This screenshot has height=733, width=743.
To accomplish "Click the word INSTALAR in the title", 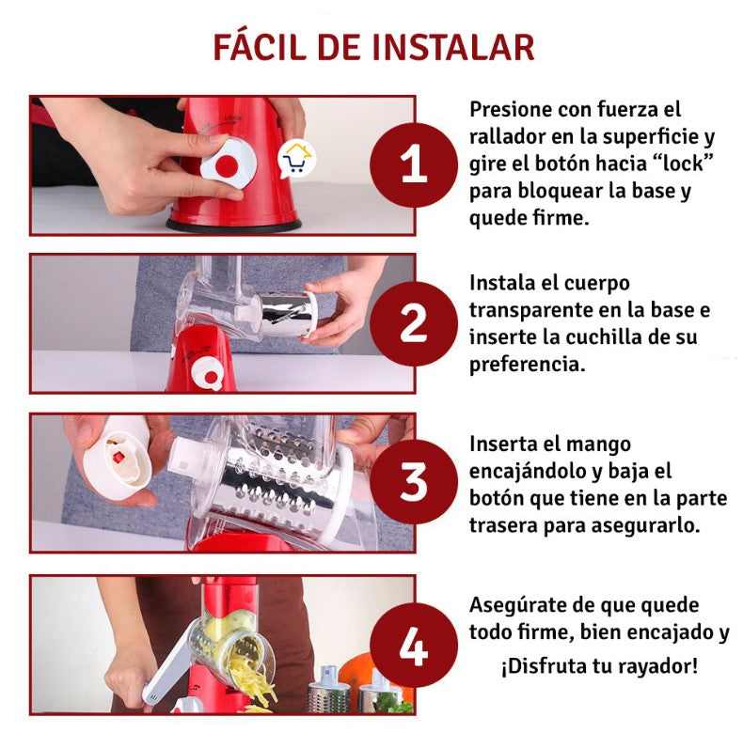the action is [x=454, y=48].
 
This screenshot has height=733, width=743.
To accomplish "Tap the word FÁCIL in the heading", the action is [x=260, y=46].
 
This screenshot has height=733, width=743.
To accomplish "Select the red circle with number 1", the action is [x=414, y=164].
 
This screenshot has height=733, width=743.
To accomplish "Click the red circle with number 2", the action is [x=414, y=324].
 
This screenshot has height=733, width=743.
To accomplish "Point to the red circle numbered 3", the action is [x=414, y=481].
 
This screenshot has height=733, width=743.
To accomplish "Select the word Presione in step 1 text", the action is [x=511, y=109].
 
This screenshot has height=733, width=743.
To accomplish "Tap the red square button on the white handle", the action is [x=118, y=457].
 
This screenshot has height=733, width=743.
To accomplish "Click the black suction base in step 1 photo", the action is [x=233, y=226].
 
